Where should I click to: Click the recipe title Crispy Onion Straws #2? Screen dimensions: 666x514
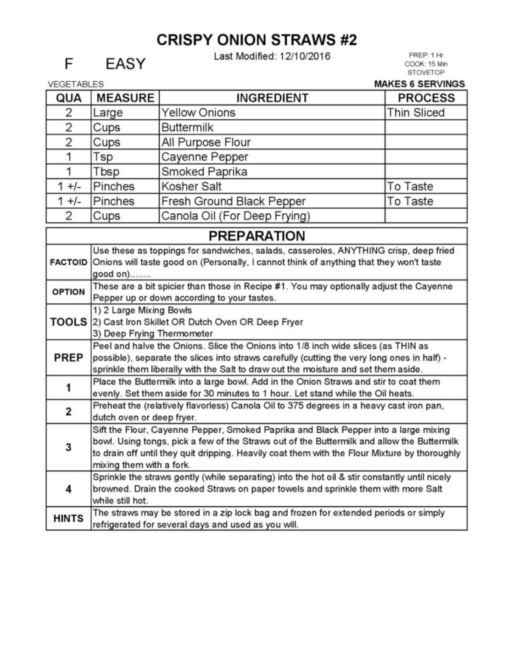coord(257,40)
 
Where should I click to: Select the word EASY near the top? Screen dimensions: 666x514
coord(125,64)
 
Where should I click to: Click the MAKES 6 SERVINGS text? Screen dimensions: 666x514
coord(419,84)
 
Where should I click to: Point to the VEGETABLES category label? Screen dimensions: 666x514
coord(76,84)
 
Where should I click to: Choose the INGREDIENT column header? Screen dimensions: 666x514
coord(272,98)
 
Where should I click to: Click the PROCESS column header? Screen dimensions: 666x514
coord(426,98)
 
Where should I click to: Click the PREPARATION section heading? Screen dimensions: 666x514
coord(257,236)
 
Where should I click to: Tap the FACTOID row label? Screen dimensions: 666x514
coord(68,263)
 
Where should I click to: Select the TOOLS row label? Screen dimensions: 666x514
coord(68,322)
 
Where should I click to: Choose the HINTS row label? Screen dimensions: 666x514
coord(68,518)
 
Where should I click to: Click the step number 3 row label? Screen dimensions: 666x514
coord(68,447)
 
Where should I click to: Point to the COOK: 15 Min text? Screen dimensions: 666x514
coord(426,64)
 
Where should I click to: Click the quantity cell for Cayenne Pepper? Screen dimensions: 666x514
coord(68,157)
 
